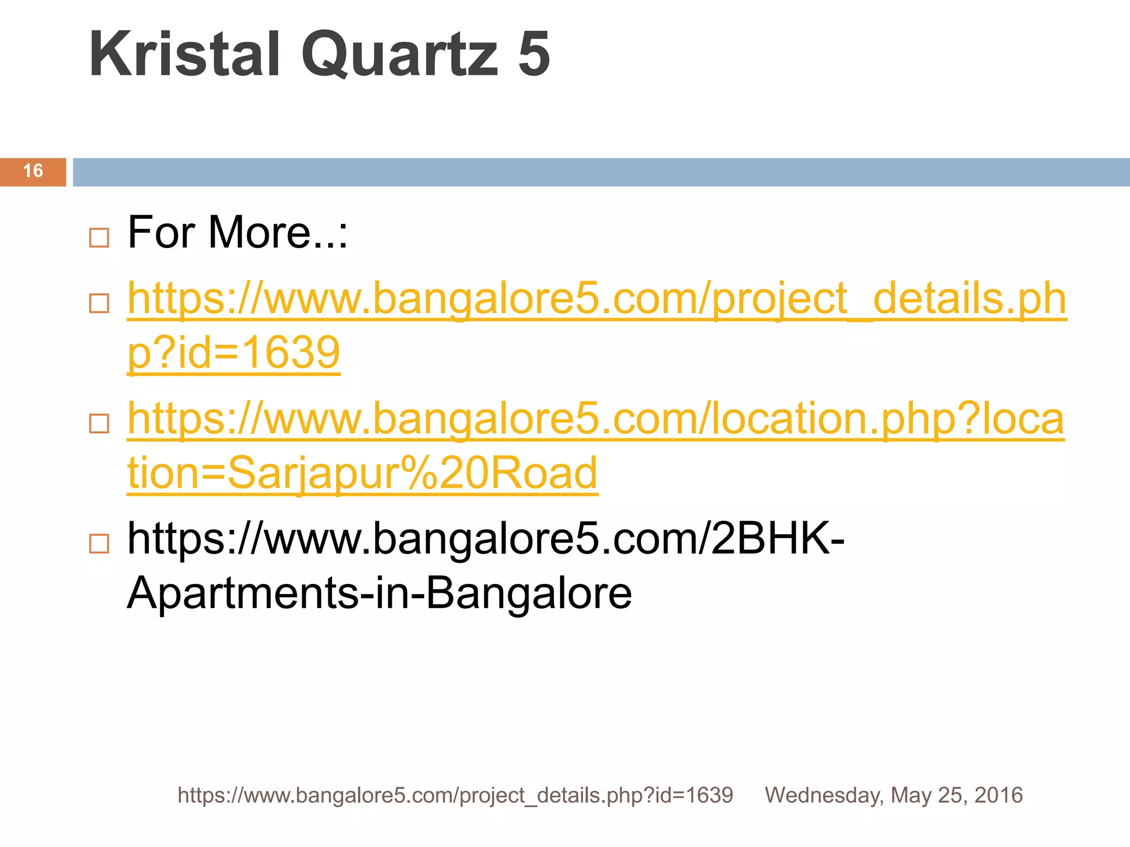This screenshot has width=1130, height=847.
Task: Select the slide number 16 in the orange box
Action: pyautogui.click(x=33, y=171)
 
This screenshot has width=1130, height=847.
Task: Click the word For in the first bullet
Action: pyautogui.click(x=161, y=233)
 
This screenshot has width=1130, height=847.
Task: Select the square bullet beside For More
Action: pyautogui.click(x=99, y=238)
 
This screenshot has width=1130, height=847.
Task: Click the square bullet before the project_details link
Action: pyautogui.click(x=99, y=303)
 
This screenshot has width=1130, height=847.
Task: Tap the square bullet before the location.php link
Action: pyautogui.click(x=99, y=423)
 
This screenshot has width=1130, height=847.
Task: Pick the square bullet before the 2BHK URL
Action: pyautogui.click(x=99, y=544)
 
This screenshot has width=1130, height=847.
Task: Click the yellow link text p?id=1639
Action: pyautogui.click(x=233, y=353)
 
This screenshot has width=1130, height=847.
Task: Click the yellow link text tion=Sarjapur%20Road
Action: pyautogui.click(x=362, y=473)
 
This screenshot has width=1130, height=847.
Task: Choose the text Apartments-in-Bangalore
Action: pyautogui.click(x=379, y=593)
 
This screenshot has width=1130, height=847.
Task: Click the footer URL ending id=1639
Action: pyautogui.click(x=455, y=795)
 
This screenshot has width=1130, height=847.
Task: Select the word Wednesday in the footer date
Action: pyautogui.click(x=824, y=795)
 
